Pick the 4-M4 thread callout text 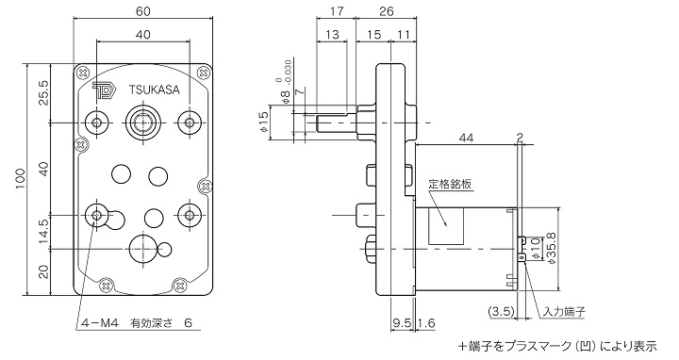point(98,322)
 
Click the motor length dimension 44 point(467,139)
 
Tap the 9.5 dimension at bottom point(398,323)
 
